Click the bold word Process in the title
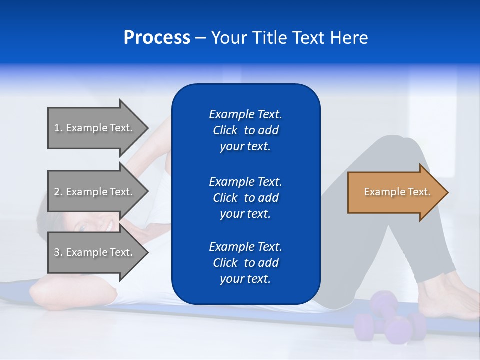(x=157, y=38)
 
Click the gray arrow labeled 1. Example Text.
(x=95, y=128)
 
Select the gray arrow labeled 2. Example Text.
(x=95, y=192)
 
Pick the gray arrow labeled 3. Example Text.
(x=95, y=252)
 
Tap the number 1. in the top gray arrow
(x=58, y=128)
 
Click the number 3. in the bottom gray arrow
(x=58, y=252)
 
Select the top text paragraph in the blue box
(x=245, y=130)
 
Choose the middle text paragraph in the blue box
(x=245, y=198)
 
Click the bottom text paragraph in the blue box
(x=245, y=263)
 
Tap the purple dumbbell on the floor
(x=390, y=320)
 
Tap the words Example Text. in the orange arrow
(x=397, y=192)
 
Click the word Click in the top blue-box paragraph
(x=225, y=130)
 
